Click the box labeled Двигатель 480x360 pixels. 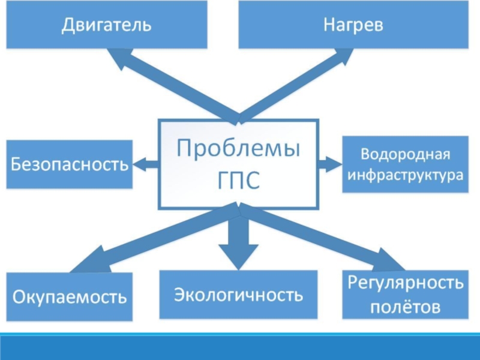click(x=107, y=25)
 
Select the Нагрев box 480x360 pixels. click(x=353, y=25)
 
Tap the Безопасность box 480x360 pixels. click(x=70, y=164)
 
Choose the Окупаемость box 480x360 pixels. click(x=70, y=296)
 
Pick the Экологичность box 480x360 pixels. click(x=238, y=295)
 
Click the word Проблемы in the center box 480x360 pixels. click(x=238, y=148)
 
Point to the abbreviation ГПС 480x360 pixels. click(x=238, y=180)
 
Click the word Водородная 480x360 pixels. click(x=406, y=154)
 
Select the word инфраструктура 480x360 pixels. click(x=406, y=175)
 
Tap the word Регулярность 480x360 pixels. click(x=406, y=283)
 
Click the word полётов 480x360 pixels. click(x=406, y=307)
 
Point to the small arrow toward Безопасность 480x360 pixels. click(x=146, y=164)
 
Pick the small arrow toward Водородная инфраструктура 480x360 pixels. click(x=330, y=164)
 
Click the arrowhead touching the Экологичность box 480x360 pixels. click(x=238, y=257)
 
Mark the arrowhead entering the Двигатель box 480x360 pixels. click(x=121, y=58)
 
